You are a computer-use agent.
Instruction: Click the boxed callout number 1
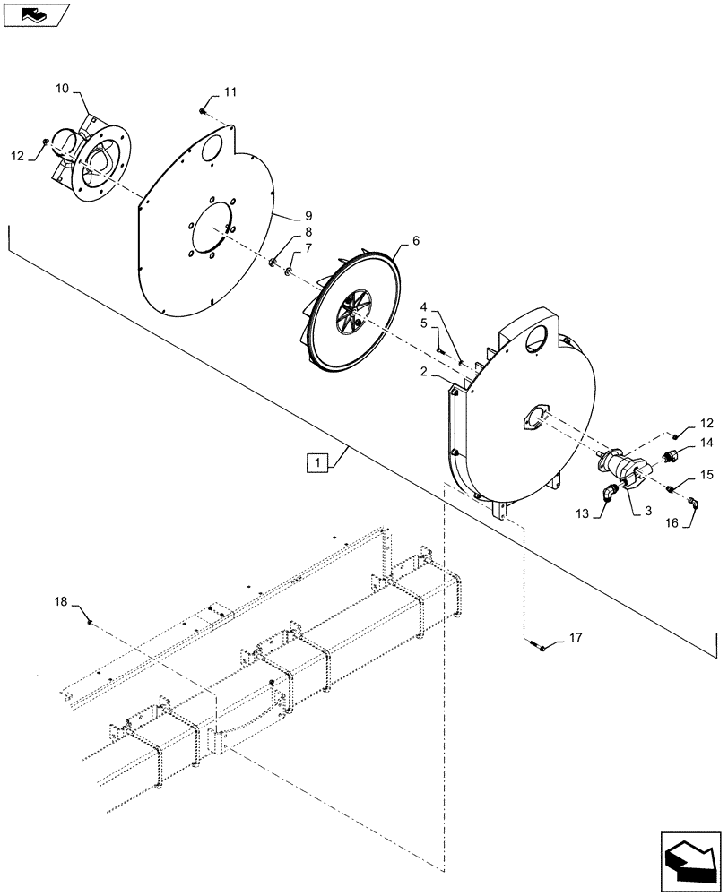pos(316,462)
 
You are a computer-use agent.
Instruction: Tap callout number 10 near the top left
pos(62,90)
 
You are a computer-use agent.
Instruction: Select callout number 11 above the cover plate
pos(231,92)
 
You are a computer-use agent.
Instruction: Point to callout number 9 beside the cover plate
pos(282,216)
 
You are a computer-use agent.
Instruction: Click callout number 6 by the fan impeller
pos(415,242)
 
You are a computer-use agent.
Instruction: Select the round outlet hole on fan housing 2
pos(537,340)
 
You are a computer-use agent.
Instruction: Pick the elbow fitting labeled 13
pos(609,491)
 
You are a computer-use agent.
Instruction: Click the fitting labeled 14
pos(668,457)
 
